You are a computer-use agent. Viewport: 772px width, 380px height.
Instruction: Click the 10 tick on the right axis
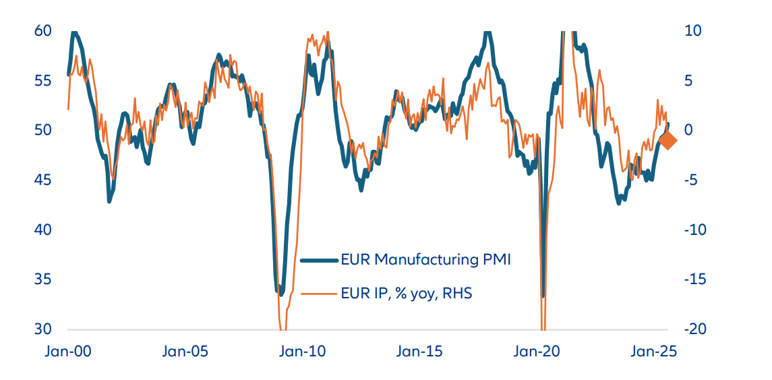tap(694, 30)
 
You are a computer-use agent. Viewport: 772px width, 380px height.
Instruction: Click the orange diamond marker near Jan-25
tap(667, 140)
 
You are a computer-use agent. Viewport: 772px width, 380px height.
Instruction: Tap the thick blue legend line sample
tap(318, 260)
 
